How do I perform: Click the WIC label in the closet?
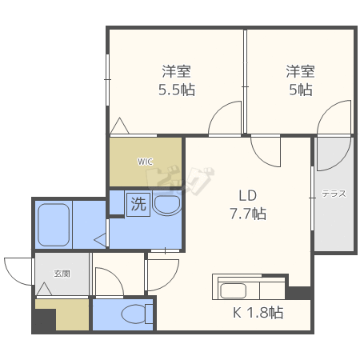point(145,162)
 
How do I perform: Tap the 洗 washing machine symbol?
point(138,204)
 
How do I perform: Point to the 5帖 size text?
point(300,89)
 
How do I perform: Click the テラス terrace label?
point(333,194)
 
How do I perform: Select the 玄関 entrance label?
point(62,273)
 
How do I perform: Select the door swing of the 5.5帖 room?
point(226,118)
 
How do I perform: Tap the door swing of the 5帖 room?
point(334,118)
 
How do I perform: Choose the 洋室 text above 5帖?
point(300,70)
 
